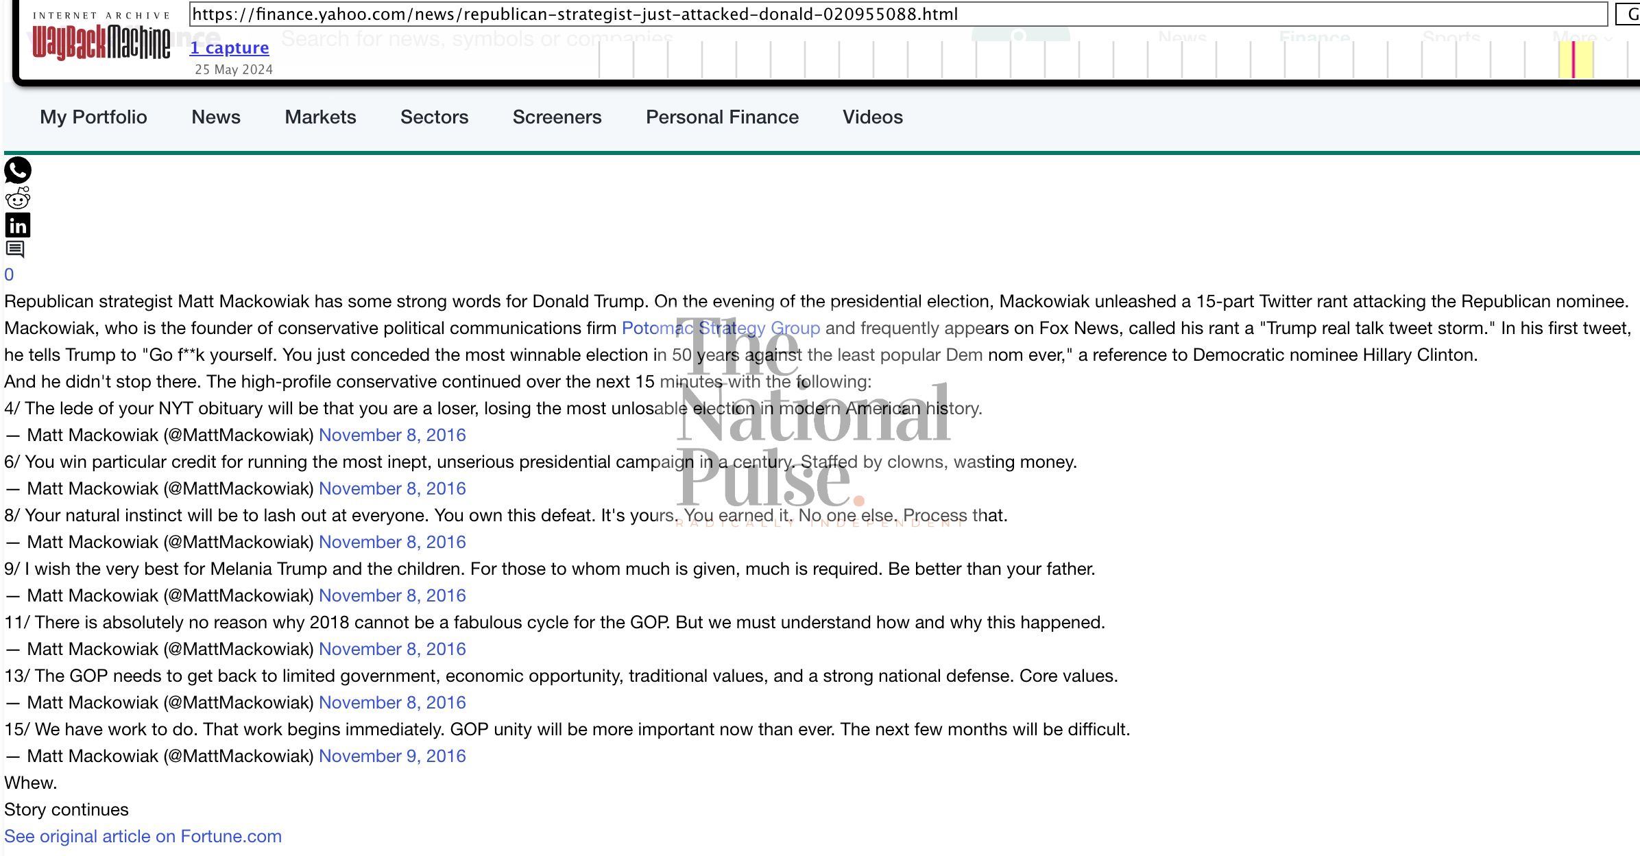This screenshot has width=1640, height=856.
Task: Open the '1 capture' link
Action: pos(229,48)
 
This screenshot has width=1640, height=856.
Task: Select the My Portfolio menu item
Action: pos(93,117)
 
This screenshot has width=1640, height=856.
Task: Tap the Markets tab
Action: pos(320,117)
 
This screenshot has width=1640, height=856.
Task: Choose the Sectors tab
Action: pos(434,117)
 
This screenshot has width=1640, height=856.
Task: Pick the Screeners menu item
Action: pos(557,117)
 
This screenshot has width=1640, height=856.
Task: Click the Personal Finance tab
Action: pos(722,117)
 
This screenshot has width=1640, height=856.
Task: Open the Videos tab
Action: pos(872,117)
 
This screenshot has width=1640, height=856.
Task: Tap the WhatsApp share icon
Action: pos(18,170)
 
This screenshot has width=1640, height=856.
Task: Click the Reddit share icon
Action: pos(18,198)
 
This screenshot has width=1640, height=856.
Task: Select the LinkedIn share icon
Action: pos(18,225)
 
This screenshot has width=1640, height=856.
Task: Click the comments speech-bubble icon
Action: pos(15,249)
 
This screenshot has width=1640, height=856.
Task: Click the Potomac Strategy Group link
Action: pos(721,329)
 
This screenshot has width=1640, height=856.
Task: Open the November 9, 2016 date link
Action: pos(392,757)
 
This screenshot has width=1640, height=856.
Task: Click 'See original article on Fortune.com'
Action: pos(143,837)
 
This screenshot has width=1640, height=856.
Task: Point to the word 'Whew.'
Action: pos(31,783)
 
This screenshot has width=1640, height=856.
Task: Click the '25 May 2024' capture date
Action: pos(234,69)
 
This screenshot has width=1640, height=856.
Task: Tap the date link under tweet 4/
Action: pos(392,436)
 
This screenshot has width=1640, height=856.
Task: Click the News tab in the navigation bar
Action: pos(216,117)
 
